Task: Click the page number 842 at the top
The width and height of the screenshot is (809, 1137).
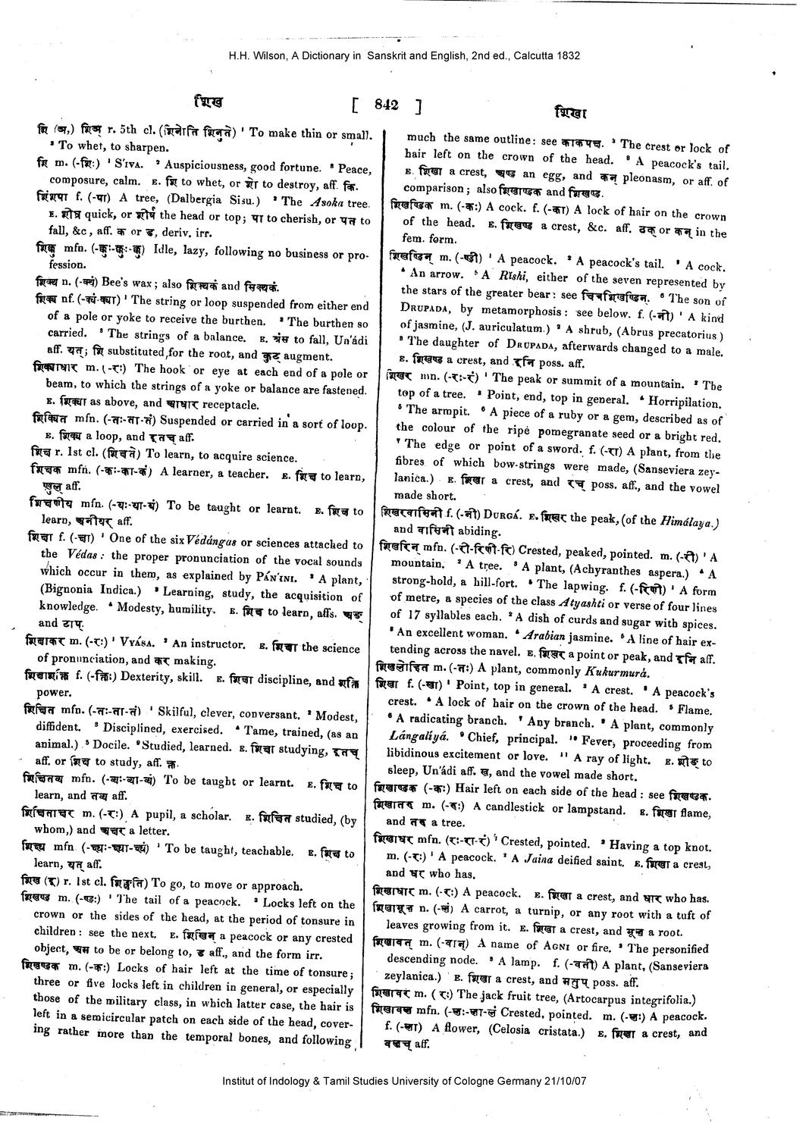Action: [x=387, y=106]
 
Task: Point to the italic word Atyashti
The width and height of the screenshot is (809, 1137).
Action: [x=584, y=603]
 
